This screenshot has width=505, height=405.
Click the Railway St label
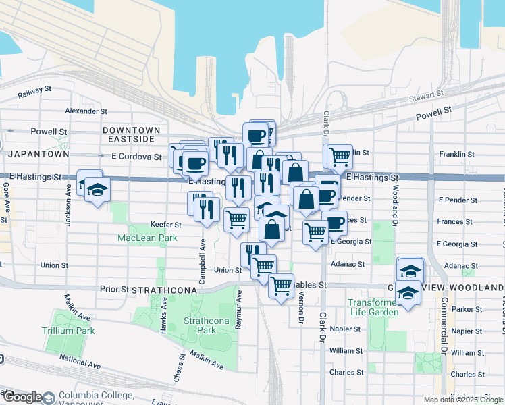34,89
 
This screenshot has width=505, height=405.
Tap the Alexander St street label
86,111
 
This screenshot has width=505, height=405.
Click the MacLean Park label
147,238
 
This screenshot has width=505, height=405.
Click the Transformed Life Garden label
374,307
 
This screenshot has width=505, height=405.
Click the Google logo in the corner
22,397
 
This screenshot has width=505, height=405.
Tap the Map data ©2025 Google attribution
462,400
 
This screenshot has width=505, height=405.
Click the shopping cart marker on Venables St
281,285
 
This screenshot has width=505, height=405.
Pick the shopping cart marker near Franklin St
340,157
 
